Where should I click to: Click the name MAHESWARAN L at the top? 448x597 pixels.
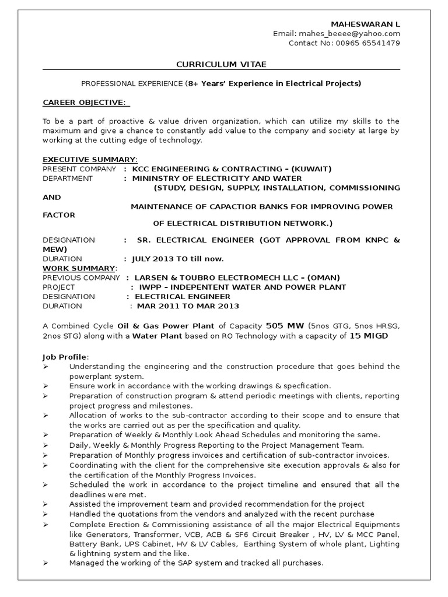click(365, 24)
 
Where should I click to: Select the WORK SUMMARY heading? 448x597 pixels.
click(80, 268)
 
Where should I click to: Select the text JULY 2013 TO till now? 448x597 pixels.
click(178, 258)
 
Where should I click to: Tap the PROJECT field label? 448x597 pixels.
click(59, 287)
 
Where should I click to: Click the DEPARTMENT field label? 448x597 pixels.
click(68, 178)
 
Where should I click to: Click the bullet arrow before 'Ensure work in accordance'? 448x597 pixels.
click(46, 386)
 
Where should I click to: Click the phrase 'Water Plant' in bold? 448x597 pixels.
click(153, 336)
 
